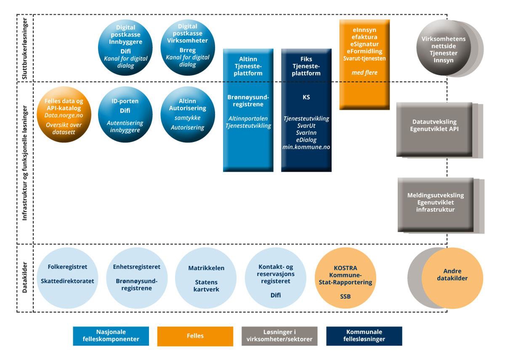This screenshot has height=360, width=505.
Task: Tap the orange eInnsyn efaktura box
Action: point(364,64)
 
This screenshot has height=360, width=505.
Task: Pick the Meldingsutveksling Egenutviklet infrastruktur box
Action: point(436,204)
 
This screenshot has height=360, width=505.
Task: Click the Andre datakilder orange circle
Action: point(452,278)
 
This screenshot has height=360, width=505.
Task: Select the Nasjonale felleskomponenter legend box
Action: point(111,336)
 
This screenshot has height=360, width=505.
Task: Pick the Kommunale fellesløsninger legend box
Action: point(364,336)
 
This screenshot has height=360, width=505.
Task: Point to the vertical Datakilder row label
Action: point(24,278)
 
